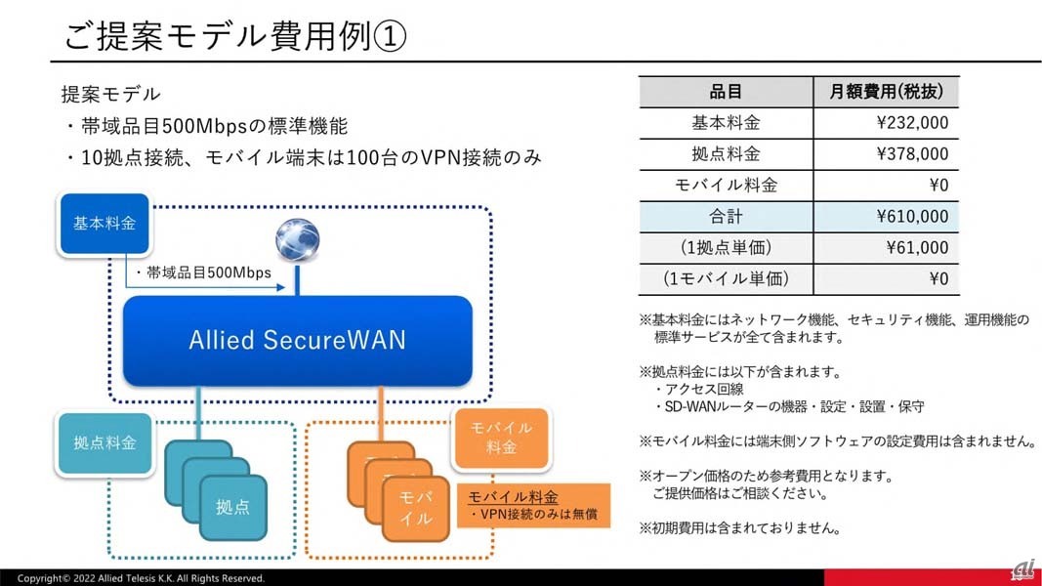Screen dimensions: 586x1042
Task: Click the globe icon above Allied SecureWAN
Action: pyautogui.click(x=297, y=239)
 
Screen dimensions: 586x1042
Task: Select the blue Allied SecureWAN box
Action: pyautogui.click(x=297, y=340)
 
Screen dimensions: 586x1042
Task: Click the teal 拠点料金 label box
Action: pyautogui.click(x=104, y=442)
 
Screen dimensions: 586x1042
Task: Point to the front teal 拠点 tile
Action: pyautogui.click(x=232, y=507)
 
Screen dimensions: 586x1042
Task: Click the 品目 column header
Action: pyautogui.click(x=726, y=92)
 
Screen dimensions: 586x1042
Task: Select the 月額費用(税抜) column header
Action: pyautogui.click(x=886, y=92)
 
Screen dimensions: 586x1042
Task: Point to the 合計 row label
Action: pyautogui.click(x=726, y=217)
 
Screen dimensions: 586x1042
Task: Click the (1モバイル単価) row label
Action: pyautogui.click(x=726, y=279)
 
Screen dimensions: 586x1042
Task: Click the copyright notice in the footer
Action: pyautogui.click(x=141, y=578)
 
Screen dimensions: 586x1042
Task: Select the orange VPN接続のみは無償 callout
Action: pyautogui.click(x=533, y=506)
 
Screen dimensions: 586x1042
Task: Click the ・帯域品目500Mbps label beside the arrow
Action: pyautogui.click(x=208, y=273)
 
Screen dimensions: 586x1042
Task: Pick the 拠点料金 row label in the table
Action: pyautogui.click(x=726, y=154)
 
